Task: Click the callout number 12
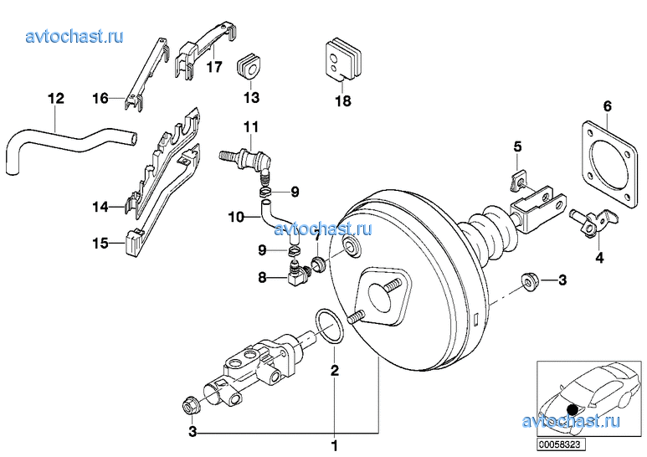pyautogui.click(x=55, y=99)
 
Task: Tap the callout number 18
pyautogui.click(x=343, y=101)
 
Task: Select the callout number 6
pyautogui.click(x=608, y=106)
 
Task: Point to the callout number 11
pyautogui.click(x=250, y=127)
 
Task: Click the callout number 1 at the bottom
pyautogui.click(x=335, y=444)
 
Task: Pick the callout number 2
pyautogui.click(x=334, y=369)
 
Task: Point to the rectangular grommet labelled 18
pyautogui.click(x=341, y=59)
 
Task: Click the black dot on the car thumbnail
pyautogui.click(x=572, y=408)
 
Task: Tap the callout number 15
pyautogui.click(x=100, y=244)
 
